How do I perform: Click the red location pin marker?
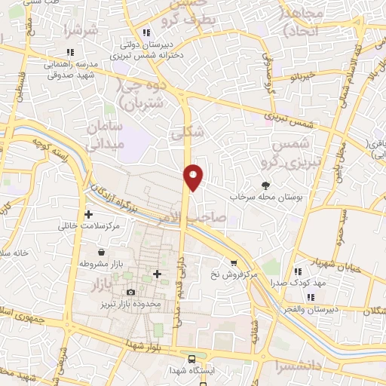pos(194,176)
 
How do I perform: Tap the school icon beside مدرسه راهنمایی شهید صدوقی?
pos(70,52)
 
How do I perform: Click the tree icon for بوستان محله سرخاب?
pos(265,184)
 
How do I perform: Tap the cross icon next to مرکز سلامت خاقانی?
pos(89,215)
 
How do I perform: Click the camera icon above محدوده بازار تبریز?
pos(130,292)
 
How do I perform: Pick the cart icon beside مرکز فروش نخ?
pos(234,263)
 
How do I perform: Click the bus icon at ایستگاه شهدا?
pos(193,359)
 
